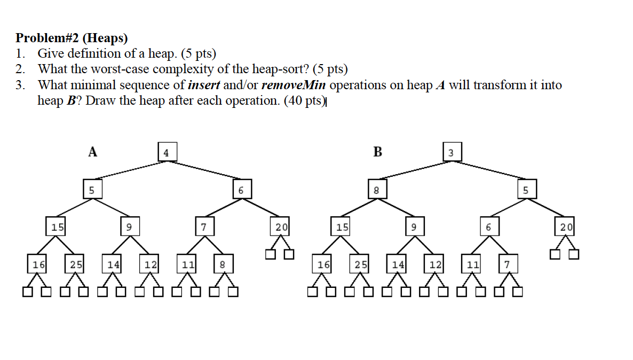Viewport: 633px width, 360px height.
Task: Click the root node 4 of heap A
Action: point(167,152)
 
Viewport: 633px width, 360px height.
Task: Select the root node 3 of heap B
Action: point(451,152)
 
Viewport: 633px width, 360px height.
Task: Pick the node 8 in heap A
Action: point(223,264)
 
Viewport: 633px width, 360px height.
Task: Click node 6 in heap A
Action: point(241,190)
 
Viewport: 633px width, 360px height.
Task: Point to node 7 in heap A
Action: point(203,227)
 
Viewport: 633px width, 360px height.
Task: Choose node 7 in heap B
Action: point(508,264)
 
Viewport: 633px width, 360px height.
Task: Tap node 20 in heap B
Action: point(565,227)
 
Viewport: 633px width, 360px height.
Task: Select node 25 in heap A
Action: point(75,264)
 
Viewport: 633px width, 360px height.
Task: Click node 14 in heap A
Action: point(113,264)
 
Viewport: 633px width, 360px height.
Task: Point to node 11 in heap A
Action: point(187,264)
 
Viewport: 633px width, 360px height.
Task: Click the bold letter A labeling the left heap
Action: point(93,152)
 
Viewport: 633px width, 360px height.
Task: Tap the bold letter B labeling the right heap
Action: point(377,152)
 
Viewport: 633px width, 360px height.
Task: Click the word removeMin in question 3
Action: point(294,85)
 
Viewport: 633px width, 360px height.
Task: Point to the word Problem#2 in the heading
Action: point(46,38)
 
